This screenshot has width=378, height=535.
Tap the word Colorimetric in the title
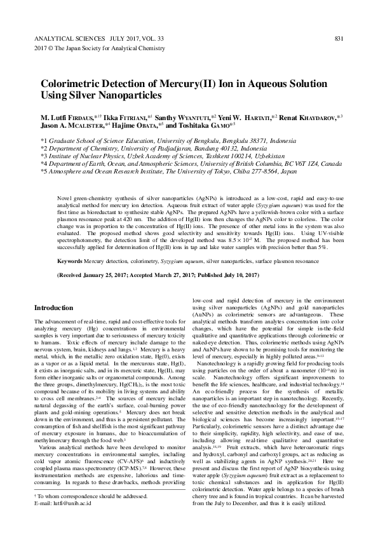[73, 83]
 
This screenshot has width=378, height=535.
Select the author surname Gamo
[238, 126]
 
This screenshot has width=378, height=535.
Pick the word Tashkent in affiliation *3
[191, 155]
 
